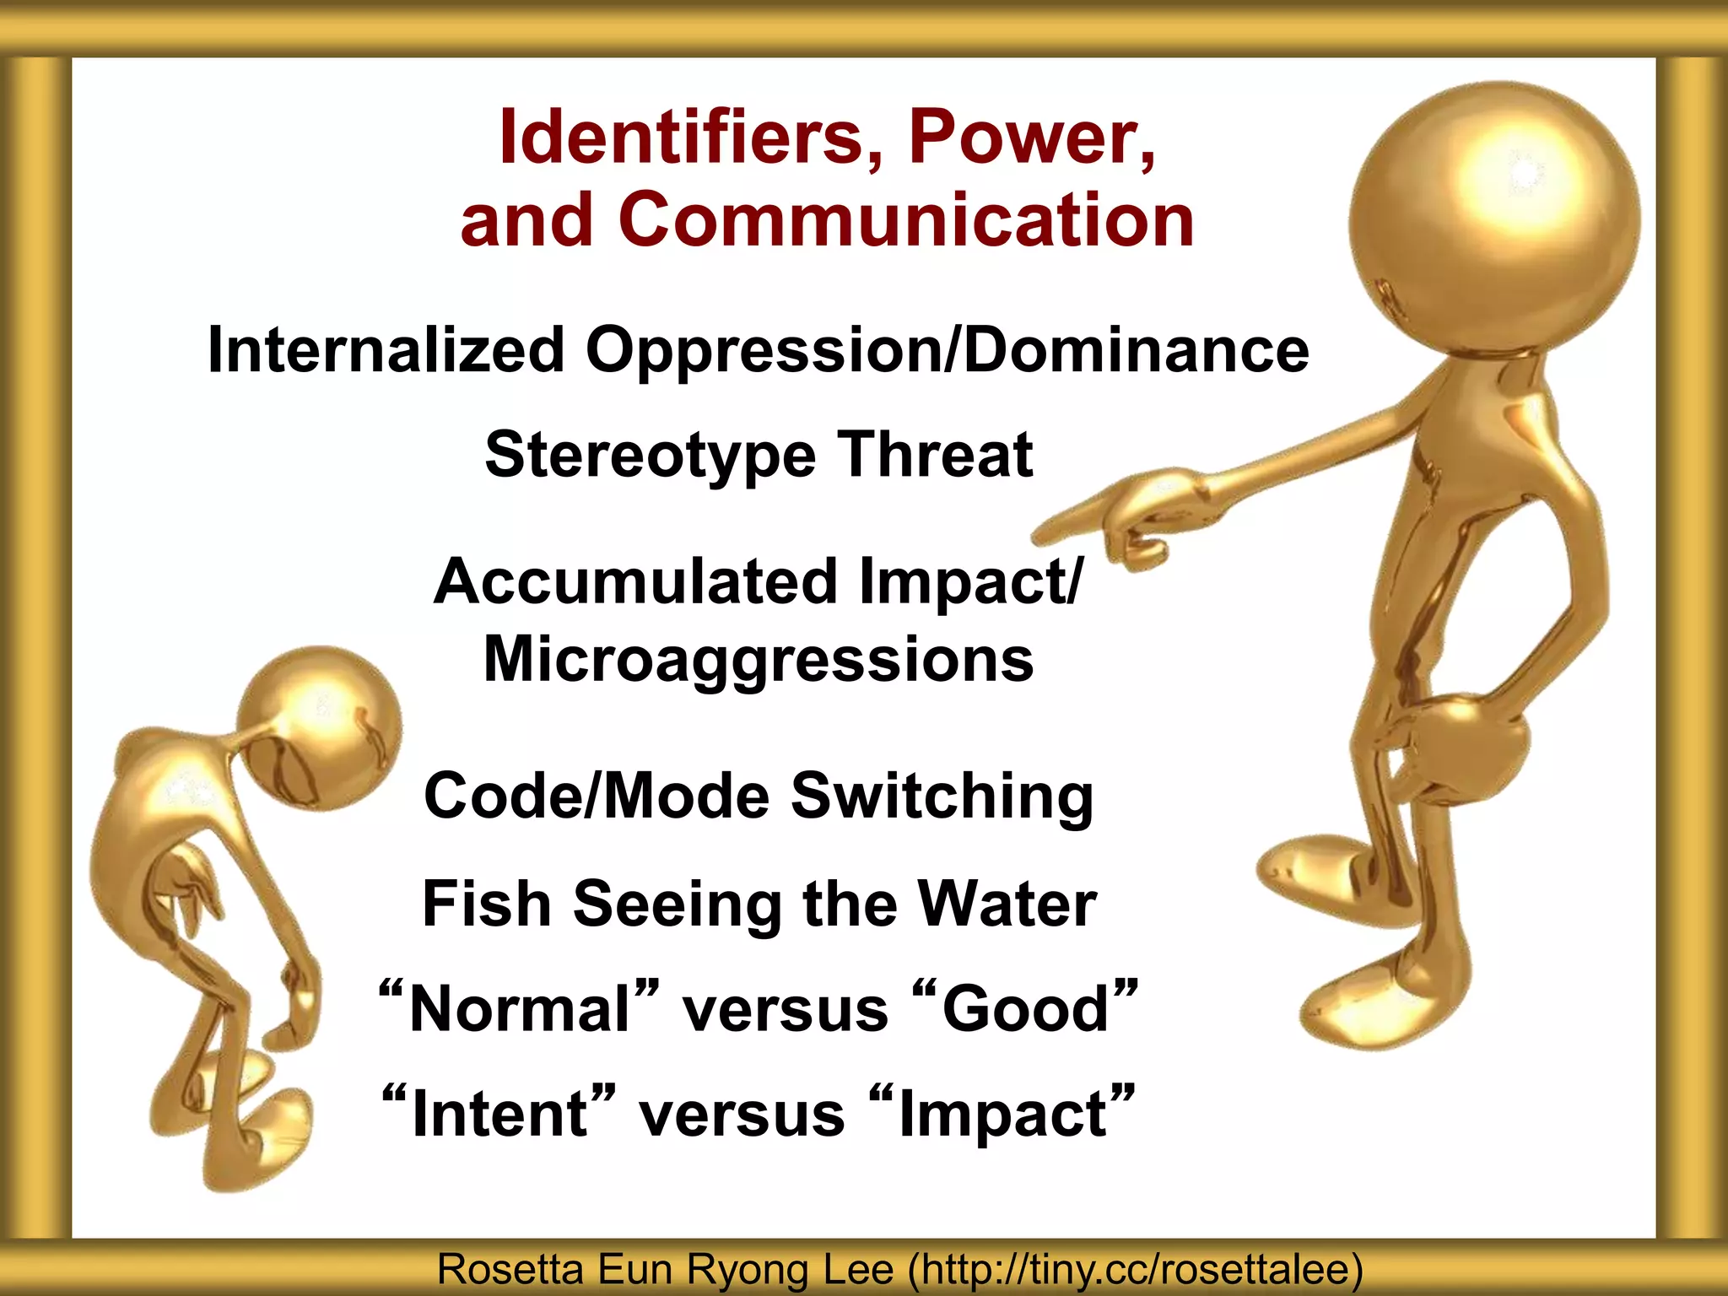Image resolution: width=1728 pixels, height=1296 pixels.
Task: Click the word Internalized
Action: [x=386, y=349]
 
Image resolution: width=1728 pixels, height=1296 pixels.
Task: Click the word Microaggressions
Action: [x=758, y=659]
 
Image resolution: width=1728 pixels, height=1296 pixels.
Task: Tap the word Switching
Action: [x=941, y=796]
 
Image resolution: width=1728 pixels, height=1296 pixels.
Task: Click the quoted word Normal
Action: [x=519, y=1008]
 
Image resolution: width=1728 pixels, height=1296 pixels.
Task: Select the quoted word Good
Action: [x=1024, y=1008]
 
